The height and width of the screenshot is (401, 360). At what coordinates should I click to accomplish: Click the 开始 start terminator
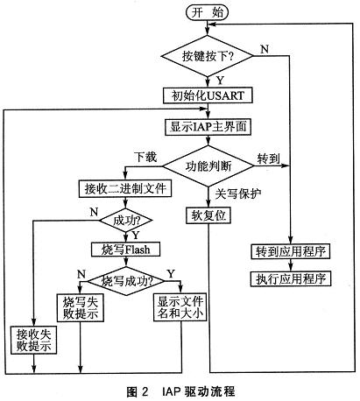tap(207, 13)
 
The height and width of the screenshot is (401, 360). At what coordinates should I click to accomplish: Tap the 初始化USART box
tap(207, 94)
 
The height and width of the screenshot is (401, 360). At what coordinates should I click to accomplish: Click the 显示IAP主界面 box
tap(208, 125)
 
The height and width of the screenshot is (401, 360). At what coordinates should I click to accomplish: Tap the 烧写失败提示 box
tap(80, 308)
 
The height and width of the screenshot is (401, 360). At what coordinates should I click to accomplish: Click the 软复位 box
tap(208, 215)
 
